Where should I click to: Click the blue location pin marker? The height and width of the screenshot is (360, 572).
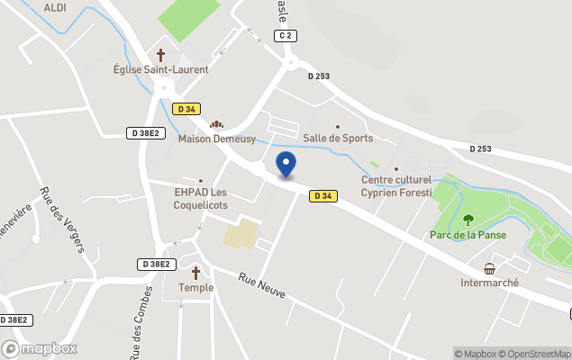[x=286, y=165]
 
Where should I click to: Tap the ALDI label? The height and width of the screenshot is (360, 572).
[x=55, y=7]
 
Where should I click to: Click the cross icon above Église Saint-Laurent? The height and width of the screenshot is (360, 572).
[x=161, y=55]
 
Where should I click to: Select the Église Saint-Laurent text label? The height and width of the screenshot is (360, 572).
[x=161, y=69]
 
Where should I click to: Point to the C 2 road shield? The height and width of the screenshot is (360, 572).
[x=286, y=35]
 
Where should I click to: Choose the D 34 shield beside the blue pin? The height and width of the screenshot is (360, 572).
[x=323, y=196]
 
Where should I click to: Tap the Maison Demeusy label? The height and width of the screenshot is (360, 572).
[x=217, y=139]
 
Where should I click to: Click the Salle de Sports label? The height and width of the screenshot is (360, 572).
[x=338, y=138]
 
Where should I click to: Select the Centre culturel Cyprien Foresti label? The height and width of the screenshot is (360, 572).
[x=396, y=185]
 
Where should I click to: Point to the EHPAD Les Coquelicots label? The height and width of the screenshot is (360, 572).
[x=201, y=198]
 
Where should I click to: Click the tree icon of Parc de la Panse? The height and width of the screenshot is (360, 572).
[x=468, y=219]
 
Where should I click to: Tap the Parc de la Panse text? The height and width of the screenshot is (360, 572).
[x=468, y=235]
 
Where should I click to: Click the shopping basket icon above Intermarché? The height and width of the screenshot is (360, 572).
[x=489, y=268]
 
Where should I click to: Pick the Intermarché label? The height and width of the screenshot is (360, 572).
[x=489, y=282]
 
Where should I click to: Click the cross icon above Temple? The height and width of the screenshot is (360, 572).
[x=195, y=272]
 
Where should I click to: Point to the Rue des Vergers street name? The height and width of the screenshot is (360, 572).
[x=62, y=219]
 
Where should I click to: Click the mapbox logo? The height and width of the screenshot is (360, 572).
[x=40, y=348]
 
